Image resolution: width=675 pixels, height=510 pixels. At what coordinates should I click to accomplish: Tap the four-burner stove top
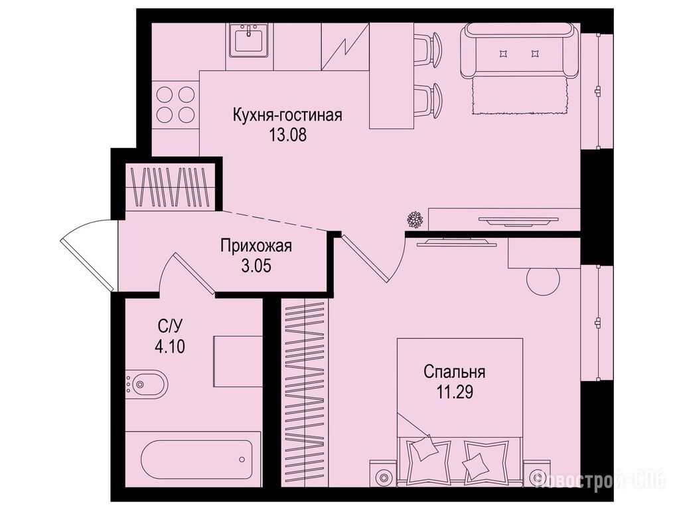coord(176,104)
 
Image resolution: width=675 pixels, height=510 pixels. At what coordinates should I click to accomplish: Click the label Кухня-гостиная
coord(287,116)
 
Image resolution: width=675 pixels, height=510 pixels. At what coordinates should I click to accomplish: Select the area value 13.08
coord(287,135)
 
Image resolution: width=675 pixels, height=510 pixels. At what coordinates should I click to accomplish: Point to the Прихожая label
coord(256,246)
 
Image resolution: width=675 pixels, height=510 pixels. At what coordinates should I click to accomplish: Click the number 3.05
coord(256,266)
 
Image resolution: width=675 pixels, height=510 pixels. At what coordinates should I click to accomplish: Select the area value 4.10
coord(170,347)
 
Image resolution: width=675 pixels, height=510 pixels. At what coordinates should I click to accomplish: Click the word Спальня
coord(455,371)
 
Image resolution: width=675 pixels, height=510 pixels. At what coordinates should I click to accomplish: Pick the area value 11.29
coord(455,392)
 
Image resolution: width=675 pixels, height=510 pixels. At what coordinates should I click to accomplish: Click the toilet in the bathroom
coord(146,383)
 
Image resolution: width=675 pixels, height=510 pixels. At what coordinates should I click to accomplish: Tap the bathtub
coord(196,459)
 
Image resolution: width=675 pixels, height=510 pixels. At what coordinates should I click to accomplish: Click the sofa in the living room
coord(519,50)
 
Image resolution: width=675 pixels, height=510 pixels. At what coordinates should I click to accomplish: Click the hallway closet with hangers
coord(170,187)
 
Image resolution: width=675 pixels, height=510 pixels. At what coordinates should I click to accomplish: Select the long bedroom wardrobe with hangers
coord(305,393)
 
